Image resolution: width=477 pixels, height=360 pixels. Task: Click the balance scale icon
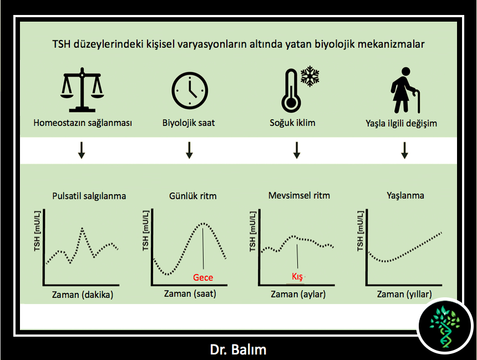pyautogui.click(x=82, y=90)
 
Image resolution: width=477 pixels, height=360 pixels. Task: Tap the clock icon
pyautogui.click(x=190, y=90)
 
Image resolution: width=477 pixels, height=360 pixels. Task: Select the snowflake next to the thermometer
pyautogui.click(x=309, y=76)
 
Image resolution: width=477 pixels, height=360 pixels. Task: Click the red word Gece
pyautogui.click(x=203, y=277)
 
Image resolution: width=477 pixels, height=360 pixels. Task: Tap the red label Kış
pyautogui.click(x=297, y=277)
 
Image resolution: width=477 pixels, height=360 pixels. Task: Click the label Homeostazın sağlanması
pyautogui.click(x=83, y=123)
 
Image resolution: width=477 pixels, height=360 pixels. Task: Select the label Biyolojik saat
pyautogui.click(x=189, y=123)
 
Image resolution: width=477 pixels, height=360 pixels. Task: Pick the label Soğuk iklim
pyautogui.click(x=292, y=123)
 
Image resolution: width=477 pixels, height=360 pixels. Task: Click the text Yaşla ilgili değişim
pyautogui.click(x=401, y=124)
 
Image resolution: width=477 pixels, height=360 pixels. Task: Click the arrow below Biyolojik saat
pyautogui.click(x=189, y=150)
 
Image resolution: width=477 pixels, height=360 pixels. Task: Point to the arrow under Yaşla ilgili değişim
pyautogui.click(x=404, y=150)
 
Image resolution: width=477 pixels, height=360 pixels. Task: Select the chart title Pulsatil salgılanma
pyautogui.click(x=89, y=196)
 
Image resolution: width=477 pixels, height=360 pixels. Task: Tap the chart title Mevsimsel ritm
pyautogui.click(x=299, y=195)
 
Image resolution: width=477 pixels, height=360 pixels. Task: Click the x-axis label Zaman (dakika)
pyautogui.click(x=83, y=295)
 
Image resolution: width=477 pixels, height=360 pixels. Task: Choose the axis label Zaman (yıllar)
pyautogui.click(x=404, y=295)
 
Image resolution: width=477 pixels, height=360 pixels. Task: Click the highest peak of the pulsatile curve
pyautogui.click(x=83, y=228)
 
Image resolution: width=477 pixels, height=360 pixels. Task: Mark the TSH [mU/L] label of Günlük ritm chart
pyautogui.click(x=145, y=230)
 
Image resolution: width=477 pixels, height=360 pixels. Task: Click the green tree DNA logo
pyautogui.click(x=445, y=327)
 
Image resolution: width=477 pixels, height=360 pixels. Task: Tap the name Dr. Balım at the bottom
pyautogui.click(x=238, y=349)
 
